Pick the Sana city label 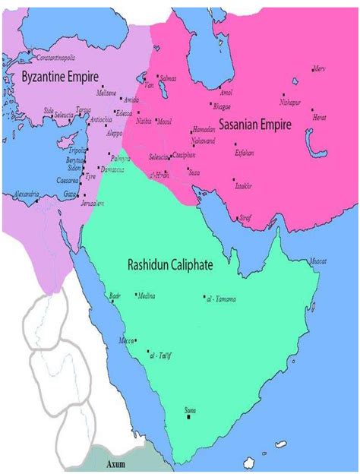(x=191, y=410)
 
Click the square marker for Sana (x=190, y=418)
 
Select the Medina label (x=146, y=295)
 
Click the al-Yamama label (x=222, y=299)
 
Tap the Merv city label (x=319, y=68)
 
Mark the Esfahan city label (x=245, y=152)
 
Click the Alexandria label (x=26, y=194)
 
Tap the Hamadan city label (x=226, y=129)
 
